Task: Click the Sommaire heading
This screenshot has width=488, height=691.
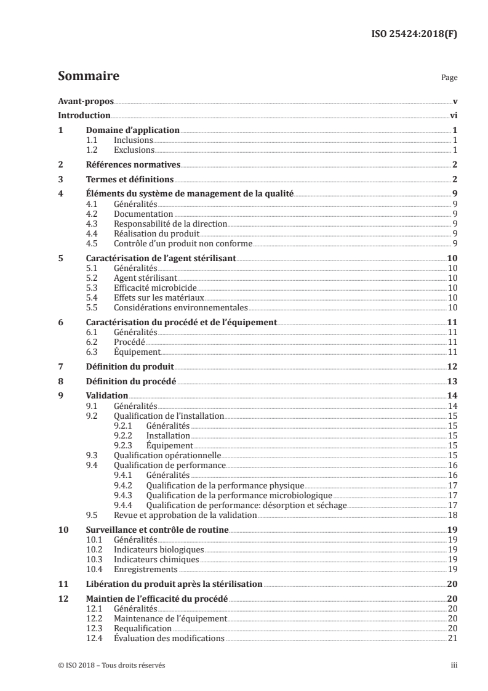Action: [88, 77]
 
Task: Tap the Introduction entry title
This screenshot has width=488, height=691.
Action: [84, 116]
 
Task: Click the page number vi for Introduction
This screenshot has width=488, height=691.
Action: [452, 116]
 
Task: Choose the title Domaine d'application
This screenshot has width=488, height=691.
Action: [132, 131]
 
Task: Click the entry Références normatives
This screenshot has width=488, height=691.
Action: [132, 165]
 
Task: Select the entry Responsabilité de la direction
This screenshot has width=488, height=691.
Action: [170, 224]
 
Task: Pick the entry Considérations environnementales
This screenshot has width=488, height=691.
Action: [181, 307]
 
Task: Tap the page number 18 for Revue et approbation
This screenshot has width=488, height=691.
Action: [451, 514]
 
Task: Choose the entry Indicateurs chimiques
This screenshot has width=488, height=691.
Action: [156, 559]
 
